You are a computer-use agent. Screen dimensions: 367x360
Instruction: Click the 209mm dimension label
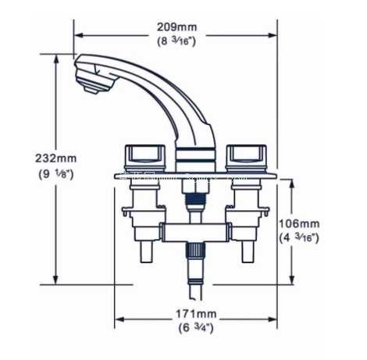coord(176,27)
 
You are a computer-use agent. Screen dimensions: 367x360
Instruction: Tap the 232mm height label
coord(56,159)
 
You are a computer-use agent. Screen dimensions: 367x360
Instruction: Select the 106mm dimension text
coord(299,223)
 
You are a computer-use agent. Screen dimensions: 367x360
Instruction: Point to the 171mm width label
coord(196,314)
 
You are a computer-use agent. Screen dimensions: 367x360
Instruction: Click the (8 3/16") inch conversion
coord(176,41)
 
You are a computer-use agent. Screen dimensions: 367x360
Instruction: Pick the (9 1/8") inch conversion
coord(56,174)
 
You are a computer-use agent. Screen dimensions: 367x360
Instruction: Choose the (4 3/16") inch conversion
coord(299,238)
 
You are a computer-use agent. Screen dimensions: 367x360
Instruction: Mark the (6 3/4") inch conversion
coord(196,328)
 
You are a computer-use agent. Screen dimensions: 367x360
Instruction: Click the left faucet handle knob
coord(145,157)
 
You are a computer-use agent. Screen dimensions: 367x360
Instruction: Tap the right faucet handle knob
coord(246,157)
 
